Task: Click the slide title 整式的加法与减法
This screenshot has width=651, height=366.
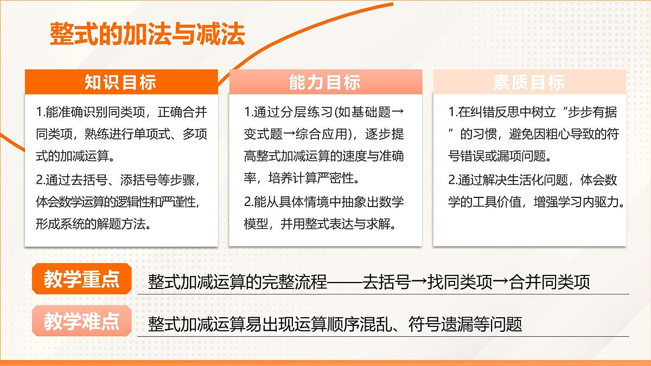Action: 147,34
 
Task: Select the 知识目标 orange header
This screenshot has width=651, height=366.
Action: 120,82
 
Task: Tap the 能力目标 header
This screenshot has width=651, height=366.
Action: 324,82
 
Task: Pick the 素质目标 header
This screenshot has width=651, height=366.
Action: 529,82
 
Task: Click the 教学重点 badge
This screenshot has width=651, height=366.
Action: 81,280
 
